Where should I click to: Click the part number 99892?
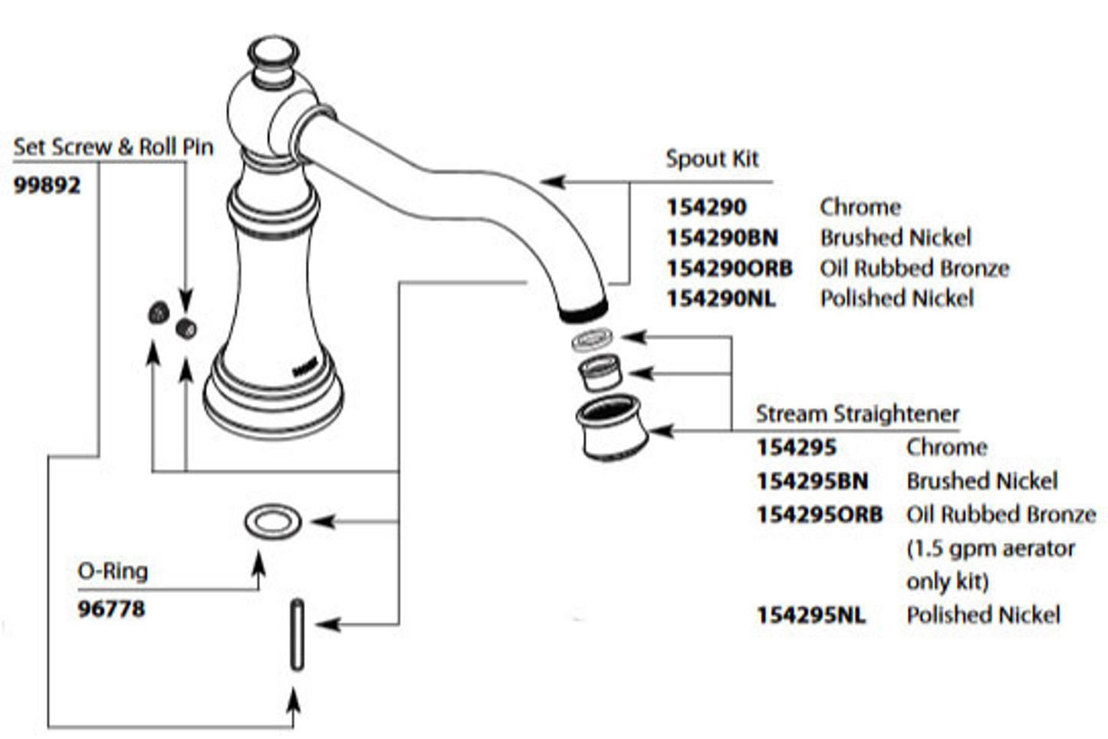pos(47,186)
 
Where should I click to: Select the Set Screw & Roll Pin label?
pos(113,147)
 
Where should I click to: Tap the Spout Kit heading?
pos(712,159)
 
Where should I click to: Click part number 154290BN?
pos(722,238)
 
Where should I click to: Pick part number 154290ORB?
pos(729,269)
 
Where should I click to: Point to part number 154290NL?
pos(721,299)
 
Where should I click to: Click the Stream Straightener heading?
pos(857,414)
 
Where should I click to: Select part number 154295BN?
pos(812,481)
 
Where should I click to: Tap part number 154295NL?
pos(810,615)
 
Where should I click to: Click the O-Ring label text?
pos(113,571)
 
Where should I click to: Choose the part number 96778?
pos(111,609)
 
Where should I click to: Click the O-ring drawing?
pos(273,522)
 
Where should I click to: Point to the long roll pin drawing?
pos(297,635)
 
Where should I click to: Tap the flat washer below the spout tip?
pos(593,339)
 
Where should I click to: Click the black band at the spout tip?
pos(584,310)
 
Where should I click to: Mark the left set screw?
pos(158,312)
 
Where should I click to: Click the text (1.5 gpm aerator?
pos(990,549)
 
